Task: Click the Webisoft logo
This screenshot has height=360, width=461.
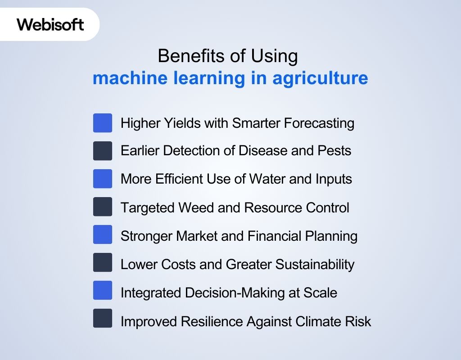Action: point(50,24)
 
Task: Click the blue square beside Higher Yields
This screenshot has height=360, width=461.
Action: point(103,123)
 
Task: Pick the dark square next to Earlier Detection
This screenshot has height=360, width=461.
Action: point(103,151)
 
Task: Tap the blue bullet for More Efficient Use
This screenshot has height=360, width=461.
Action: point(103,179)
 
